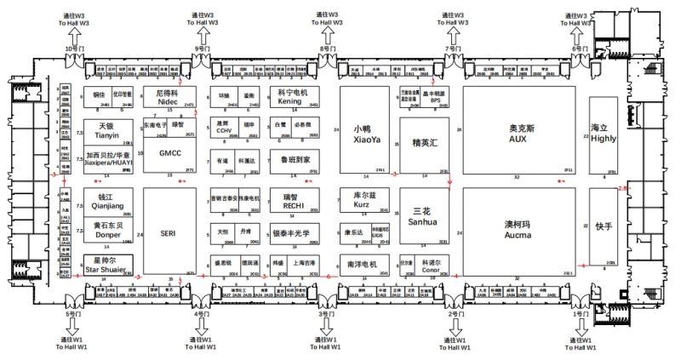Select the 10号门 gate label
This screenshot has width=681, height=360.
(76, 49)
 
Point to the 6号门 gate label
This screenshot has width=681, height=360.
(580, 49)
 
